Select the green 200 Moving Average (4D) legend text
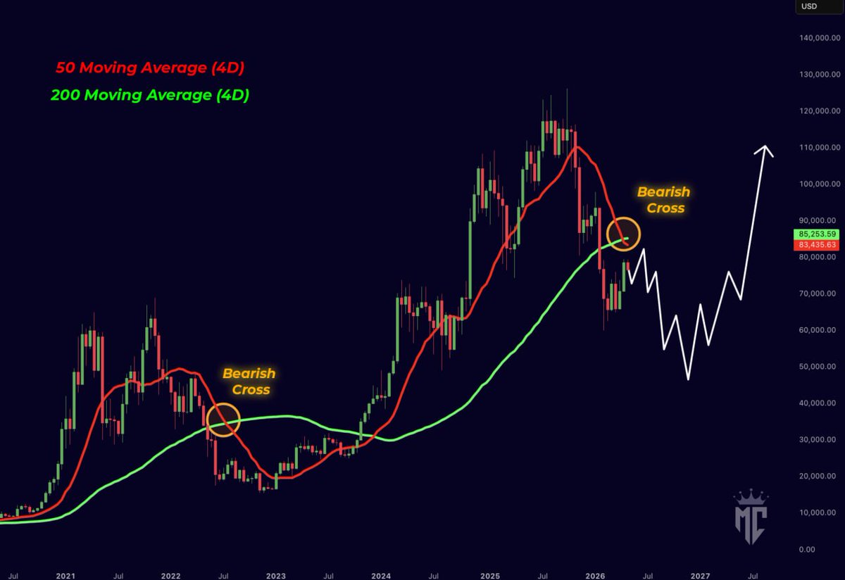150,95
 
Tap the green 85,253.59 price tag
817,234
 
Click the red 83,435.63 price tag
817,244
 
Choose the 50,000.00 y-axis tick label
819,367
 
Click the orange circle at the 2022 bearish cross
223,420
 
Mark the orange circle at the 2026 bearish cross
623,233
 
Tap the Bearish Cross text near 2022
249,382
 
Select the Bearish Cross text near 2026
663,200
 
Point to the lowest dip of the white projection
688,379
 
